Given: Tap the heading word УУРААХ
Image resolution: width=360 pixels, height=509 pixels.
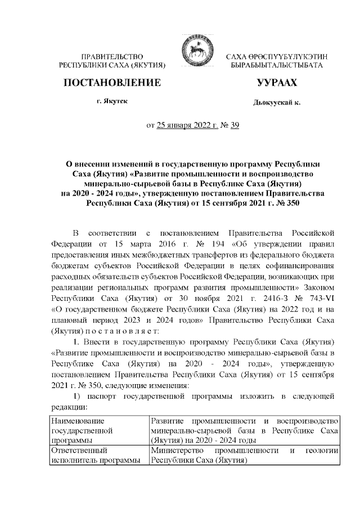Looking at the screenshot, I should click(277, 83).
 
